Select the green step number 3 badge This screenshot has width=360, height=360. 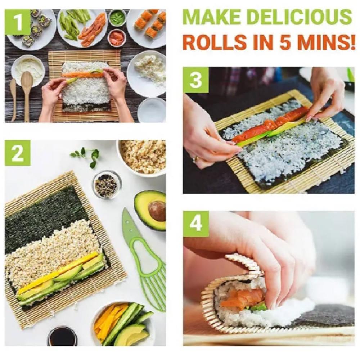(195, 80)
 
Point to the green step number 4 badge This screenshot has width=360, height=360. (196, 224)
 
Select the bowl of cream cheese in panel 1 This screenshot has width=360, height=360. (28, 68)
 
